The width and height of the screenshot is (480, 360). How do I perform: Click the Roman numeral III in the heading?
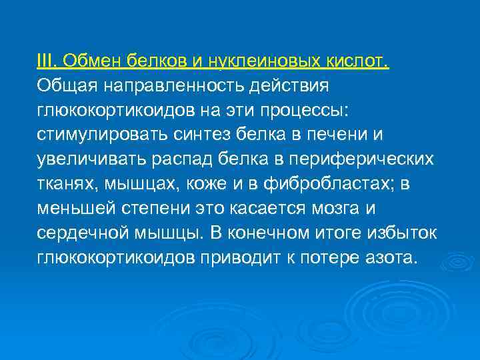click(45, 62)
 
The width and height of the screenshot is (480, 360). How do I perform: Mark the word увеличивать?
click(90, 160)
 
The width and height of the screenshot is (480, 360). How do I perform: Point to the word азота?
click(391, 259)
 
